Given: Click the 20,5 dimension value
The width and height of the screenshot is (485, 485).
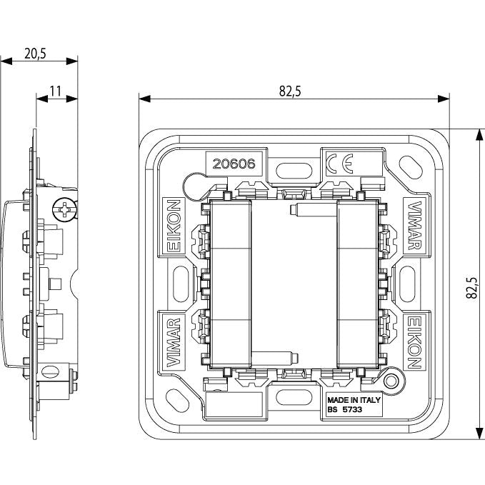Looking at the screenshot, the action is (35, 54).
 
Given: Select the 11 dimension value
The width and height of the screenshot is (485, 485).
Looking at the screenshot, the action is (56, 91).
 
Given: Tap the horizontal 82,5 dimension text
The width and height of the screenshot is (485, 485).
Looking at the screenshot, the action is (290, 91).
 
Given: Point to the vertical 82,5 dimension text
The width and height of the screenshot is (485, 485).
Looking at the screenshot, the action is (472, 288).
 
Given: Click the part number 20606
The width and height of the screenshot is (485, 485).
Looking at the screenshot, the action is (234, 164).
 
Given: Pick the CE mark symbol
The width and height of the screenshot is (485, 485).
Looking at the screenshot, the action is (339, 164).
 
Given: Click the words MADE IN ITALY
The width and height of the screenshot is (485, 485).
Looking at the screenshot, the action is (354, 400).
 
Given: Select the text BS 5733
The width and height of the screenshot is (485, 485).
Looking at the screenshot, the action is (344, 409).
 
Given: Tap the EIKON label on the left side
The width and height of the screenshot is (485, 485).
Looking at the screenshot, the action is (174, 226).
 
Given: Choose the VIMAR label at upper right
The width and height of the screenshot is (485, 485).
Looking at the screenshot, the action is (415, 226).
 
